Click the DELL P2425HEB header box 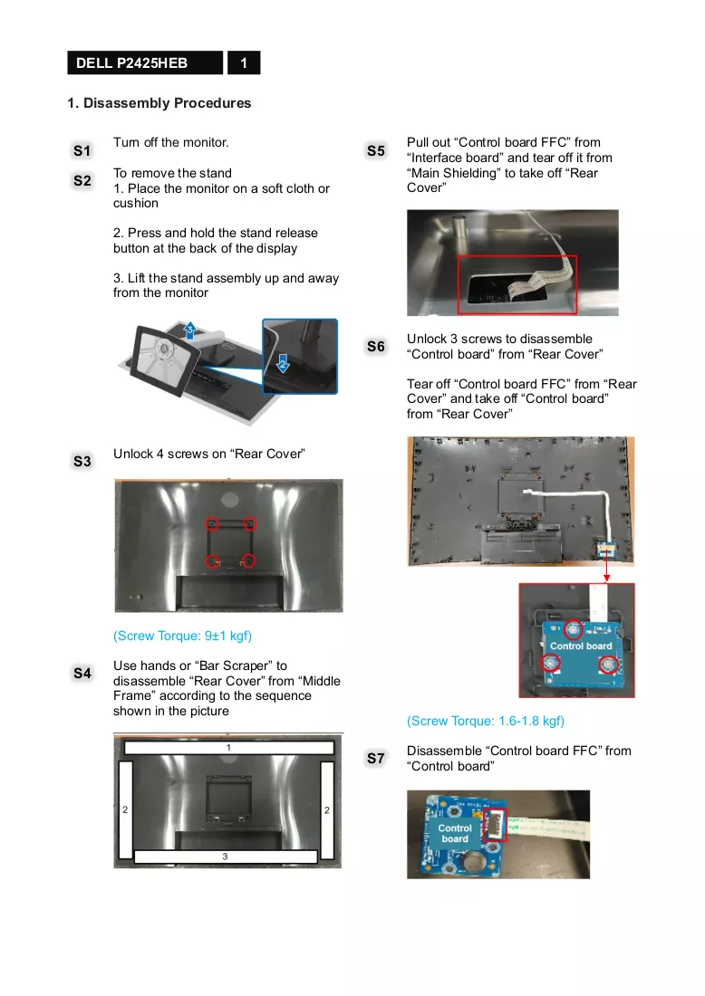click(145, 62)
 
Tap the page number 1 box click(244, 62)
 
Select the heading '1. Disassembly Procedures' click(159, 103)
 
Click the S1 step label click(82, 150)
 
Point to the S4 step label click(82, 674)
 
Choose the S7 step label click(376, 759)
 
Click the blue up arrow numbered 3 click(189, 330)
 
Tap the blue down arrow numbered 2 click(283, 364)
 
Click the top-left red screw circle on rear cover click(212, 524)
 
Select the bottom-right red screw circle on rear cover click(248, 561)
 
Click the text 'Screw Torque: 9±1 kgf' click(182, 636)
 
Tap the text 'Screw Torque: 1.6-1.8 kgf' click(486, 721)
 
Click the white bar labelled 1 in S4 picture click(229, 748)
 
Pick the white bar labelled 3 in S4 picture click(226, 857)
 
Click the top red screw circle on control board click(574, 629)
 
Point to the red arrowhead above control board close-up click(607, 578)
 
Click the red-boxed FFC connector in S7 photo click(495, 825)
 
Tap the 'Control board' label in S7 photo click(455, 833)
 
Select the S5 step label click(376, 150)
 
